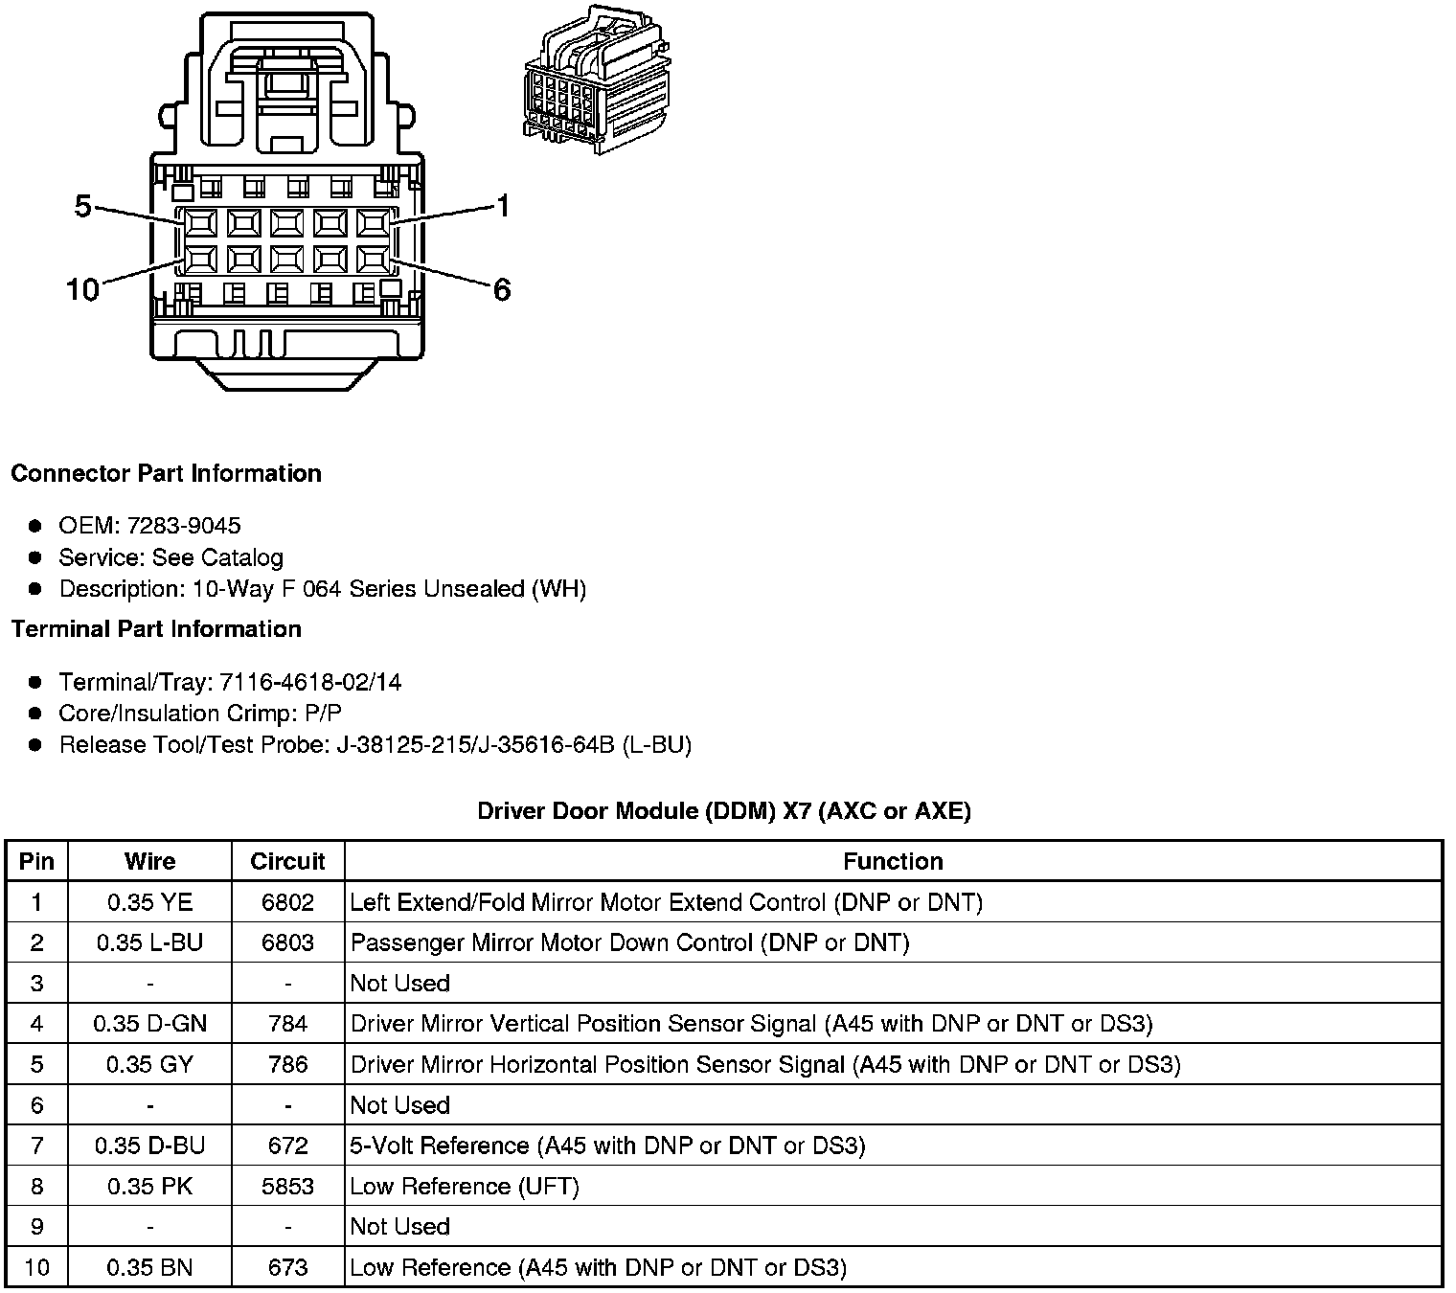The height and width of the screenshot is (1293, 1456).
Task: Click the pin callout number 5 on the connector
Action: point(83,206)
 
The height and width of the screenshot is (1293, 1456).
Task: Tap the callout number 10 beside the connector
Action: point(82,289)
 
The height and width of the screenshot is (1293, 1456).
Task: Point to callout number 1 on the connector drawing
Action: point(503,206)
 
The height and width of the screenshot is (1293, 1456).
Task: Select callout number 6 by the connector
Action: point(502,289)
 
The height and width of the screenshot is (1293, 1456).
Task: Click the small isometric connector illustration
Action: point(597,83)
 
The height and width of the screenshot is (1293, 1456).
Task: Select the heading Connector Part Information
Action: point(166,473)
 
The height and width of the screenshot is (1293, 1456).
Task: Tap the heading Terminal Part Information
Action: point(156,629)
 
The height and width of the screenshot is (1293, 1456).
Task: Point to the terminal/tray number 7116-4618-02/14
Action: point(310,682)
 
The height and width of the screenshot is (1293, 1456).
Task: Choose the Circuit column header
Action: point(287,861)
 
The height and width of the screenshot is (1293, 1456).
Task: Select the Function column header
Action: point(893,861)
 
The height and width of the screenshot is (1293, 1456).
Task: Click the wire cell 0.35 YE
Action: point(149,902)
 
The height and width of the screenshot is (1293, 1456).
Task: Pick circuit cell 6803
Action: point(287,942)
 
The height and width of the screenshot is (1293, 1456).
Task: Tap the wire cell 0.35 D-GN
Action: point(149,1024)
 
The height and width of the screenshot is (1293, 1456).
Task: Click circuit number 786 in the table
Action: point(287,1064)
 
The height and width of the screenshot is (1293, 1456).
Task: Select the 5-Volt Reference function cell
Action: point(607,1146)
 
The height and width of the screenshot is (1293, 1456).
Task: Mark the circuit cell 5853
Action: point(287,1187)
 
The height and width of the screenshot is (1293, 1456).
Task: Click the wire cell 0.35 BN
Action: point(149,1268)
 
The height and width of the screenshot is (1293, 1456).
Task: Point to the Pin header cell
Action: point(36,861)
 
